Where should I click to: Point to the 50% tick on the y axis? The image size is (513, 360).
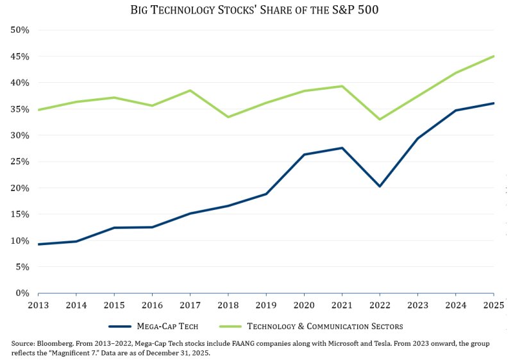click(19, 30)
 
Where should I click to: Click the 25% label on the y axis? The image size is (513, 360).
click(19, 162)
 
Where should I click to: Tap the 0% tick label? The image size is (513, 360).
click(22, 293)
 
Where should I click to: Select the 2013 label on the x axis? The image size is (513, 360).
click(38, 305)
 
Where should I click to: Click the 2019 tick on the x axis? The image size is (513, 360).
click(265, 305)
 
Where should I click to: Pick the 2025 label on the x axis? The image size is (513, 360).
click(493, 305)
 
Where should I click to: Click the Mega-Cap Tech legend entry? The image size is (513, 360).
click(154, 327)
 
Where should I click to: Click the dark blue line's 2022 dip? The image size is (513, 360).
click(380, 186)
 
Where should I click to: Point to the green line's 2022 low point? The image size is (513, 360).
click(380, 119)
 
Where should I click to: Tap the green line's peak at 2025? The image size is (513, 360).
click(493, 56)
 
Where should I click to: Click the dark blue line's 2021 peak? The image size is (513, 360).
click(342, 148)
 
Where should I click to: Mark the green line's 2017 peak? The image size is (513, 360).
click(190, 90)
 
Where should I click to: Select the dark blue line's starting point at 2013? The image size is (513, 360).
click(38, 244)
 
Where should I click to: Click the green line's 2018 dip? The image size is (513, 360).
click(228, 117)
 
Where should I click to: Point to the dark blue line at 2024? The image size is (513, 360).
click(455, 110)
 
